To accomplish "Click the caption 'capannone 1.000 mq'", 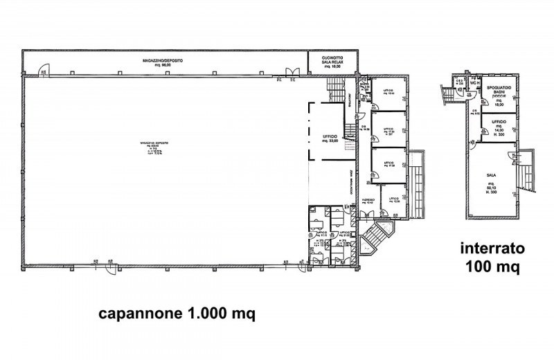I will (x=177, y=314).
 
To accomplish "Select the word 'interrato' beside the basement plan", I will (x=491, y=247).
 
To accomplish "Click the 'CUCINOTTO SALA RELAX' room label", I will (x=334, y=61).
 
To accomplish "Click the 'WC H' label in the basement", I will (x=475, y=82).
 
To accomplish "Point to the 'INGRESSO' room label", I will (x=368, y=201).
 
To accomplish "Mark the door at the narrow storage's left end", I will (x=43, y=69).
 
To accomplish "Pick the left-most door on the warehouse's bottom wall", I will (x=109, y=267).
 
